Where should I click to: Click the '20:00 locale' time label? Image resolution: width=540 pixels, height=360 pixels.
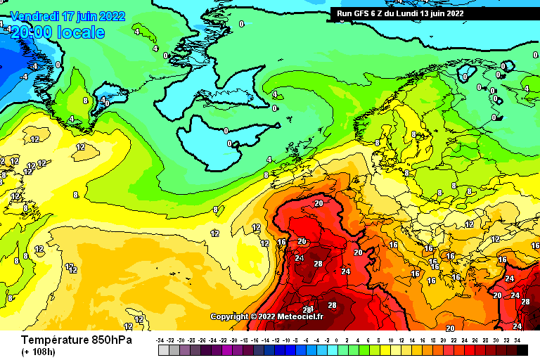click(58, 32)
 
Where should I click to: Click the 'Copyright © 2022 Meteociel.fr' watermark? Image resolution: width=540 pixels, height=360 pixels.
click(266, 316)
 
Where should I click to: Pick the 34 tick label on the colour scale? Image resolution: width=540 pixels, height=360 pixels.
click(517, 340)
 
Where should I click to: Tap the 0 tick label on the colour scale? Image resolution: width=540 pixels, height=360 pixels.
click(340, 340)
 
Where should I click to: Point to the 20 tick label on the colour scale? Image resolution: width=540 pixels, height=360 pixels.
click(444, 340)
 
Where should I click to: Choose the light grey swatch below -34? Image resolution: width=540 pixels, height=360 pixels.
click(163, 349)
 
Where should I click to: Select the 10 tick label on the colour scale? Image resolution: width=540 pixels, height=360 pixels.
click(392, 340)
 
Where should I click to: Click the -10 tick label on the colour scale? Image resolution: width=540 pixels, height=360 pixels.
click(288, 340)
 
